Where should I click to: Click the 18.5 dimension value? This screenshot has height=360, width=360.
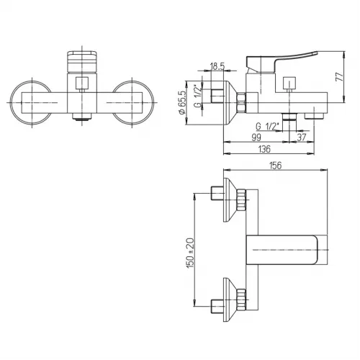tap(217, 66)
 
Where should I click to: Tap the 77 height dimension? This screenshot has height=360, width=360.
tap(339, 77)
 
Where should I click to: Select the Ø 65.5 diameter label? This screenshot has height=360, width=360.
tap(182, 102)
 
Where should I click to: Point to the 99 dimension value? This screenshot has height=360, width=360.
tap(256, 138)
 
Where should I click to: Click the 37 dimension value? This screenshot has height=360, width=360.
tap(302, 138)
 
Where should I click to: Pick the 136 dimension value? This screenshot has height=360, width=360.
tap(264, 149)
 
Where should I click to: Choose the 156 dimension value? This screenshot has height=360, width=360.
tap(275, 166)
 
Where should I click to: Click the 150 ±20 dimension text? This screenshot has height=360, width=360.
tap(190, 253)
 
